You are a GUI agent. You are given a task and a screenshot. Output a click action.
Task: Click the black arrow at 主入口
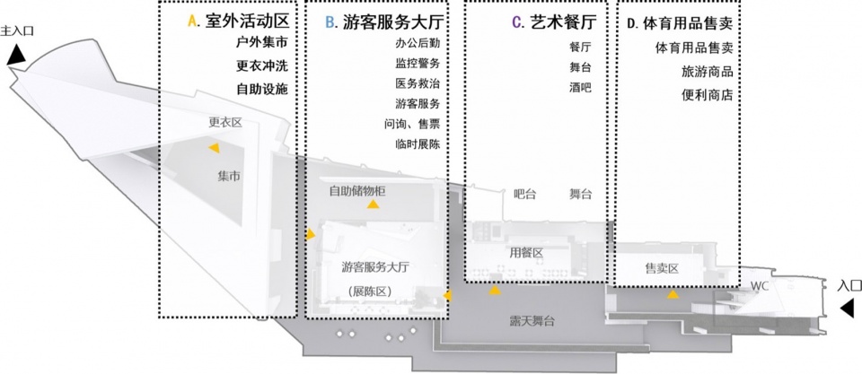[15, 56]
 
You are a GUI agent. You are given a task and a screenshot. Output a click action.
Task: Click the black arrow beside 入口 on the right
[848, 309]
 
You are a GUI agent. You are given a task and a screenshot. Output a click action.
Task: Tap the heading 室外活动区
[247, 22]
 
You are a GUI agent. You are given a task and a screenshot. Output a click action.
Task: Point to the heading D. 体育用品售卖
[680, 23]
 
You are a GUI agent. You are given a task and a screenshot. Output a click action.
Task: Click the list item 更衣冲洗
[262, 65]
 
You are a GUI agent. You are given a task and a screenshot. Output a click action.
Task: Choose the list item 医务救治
[418, 83]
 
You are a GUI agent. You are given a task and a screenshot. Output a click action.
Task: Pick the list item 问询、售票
[412, 124]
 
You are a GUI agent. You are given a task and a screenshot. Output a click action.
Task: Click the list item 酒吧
[580, 87]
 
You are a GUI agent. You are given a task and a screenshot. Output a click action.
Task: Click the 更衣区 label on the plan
[225, 123]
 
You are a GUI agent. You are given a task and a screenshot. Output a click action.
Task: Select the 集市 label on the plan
[229, 177]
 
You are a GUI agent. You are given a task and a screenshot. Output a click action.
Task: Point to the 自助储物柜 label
[357, 191]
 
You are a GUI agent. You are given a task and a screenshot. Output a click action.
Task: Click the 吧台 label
[524, 194]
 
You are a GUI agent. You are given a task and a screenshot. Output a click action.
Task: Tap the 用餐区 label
[526, 253]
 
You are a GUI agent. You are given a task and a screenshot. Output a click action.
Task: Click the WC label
[760, 286]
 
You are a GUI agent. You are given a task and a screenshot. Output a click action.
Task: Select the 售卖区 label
[662, 268]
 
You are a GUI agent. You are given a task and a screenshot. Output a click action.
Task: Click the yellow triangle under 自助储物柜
[374, 204]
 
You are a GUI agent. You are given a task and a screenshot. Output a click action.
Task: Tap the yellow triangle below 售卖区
[673, 295]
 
